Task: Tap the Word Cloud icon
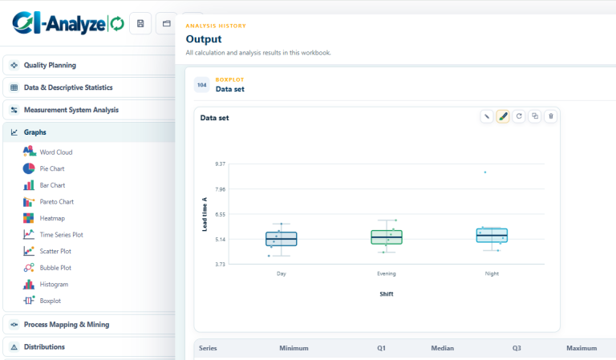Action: [x=29, y=152]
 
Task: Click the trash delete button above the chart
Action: [x=551, y=116]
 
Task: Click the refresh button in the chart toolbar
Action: [x=519, y=116]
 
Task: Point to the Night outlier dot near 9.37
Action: [x=485, y=172]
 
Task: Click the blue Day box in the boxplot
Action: [x=282, y=239]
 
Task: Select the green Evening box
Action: [x=387, y=237]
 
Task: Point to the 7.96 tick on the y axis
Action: [x=221, y=189]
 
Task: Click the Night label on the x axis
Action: [x=492, y=273]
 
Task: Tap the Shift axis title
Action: [x=387, y=294]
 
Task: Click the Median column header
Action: [x=443, y=348]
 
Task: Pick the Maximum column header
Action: [x=582, y=348]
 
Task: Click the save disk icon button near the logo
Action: [x=140, y=23]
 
